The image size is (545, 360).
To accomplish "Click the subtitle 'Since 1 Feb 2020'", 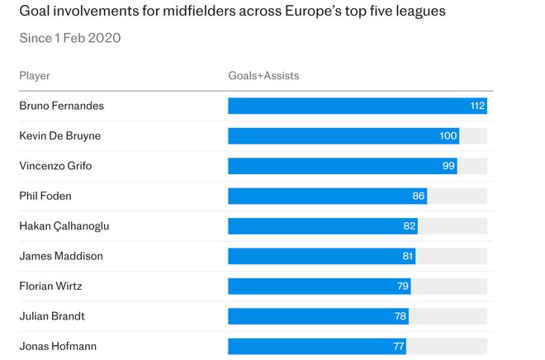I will click(x=70, y=38).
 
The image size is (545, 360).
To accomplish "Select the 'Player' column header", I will click(x=35, y=76).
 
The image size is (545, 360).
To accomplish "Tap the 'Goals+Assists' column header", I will click(x=263, y=76).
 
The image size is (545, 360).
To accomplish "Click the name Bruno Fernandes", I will click(x=62, y=106).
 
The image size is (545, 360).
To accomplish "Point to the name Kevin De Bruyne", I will click(x=60, y=136).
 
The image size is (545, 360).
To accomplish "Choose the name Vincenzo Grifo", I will click(x=55, y=166).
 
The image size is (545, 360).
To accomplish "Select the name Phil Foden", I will click(x=45, y=196).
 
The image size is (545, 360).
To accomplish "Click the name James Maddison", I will click(x=61, y=256).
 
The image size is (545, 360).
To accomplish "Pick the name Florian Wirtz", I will click(x=51, y=287).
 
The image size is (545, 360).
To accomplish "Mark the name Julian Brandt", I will click(x=52, y=316).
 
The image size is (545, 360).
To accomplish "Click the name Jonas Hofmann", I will click(x=58, y=346).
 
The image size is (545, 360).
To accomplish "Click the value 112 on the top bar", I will click(x=476, y=106).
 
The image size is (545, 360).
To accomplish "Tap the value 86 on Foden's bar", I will click(x=419, y=196).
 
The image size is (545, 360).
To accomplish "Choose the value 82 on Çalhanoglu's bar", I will click(x=409, y=226).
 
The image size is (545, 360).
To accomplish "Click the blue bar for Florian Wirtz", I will click(x=319, y=287).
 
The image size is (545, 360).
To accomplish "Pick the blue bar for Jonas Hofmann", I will click(x=316, y=346).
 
